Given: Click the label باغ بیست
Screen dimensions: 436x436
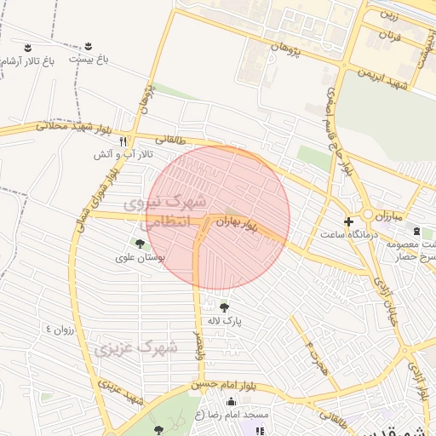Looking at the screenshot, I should click(90, 60).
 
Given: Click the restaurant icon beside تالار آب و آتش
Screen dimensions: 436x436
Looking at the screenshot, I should click(123, 141).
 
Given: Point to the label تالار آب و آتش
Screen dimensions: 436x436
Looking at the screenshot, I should click(111, 154).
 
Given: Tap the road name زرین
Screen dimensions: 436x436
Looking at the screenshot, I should click(388, 14).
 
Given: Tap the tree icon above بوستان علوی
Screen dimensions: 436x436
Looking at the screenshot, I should click(140, 244).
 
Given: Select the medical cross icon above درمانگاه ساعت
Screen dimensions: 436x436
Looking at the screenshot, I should click(347, 221).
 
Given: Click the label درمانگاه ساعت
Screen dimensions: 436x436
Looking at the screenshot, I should click(347, 232).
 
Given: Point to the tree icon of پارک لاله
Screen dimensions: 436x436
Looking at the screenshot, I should click(224, 307).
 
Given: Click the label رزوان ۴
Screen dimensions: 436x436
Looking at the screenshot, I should click(60, 329).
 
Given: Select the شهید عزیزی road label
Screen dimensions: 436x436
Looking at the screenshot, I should click(120, 391).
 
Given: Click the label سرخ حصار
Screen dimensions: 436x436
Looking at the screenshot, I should click(404, 255).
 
